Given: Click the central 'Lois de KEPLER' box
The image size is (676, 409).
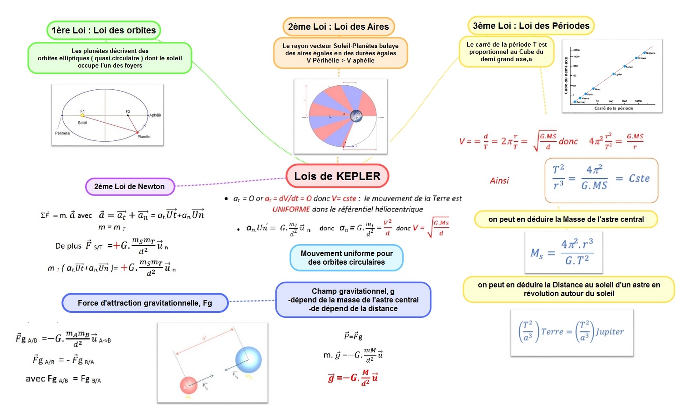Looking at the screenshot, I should (x=337, y=176).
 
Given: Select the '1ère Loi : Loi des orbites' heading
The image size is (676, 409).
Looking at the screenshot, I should (x=103, y=30).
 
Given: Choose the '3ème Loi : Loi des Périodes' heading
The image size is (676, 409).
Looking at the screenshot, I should (x=531, y=25).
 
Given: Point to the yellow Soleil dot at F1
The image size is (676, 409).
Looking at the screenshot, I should (x=82, y=115).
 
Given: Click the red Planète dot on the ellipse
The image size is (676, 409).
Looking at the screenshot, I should (x=137, y=132).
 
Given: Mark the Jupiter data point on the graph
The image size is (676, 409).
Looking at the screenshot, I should (x=613, y=74).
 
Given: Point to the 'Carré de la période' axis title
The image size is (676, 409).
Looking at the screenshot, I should (x=610, y=108).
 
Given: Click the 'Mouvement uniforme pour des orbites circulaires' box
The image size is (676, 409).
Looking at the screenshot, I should (x=347, y=258).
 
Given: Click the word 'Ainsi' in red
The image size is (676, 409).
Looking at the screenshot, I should (x=499, y=180).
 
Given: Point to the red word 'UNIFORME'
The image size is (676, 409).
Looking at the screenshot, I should (x=291, y=209).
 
